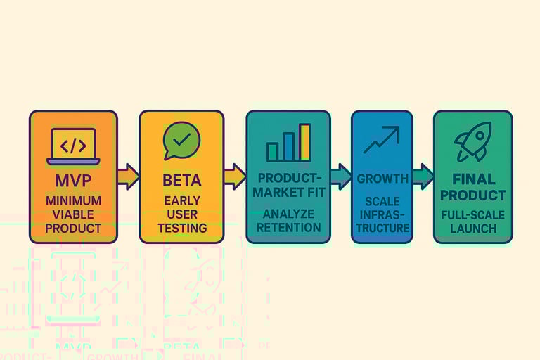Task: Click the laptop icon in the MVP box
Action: coord(73,146)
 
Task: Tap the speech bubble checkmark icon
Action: coord(181,141)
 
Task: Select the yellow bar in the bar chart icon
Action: coord(304,142)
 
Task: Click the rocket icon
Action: coord(472,141)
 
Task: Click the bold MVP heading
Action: coord(73,181)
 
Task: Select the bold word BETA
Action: coord(181,180)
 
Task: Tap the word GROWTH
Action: coord(382,179)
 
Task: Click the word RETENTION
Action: coord(288,227)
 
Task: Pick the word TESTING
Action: coord(181,228)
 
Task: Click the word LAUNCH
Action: coord(472,229)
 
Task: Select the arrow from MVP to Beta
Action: coord(128,175)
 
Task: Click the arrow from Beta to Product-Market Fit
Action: coord(234,175)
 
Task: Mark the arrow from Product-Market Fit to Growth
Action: coord(340,175)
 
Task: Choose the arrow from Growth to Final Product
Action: coord(423,175)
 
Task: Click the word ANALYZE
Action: coord(288,213)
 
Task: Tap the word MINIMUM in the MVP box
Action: coord(73,201)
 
